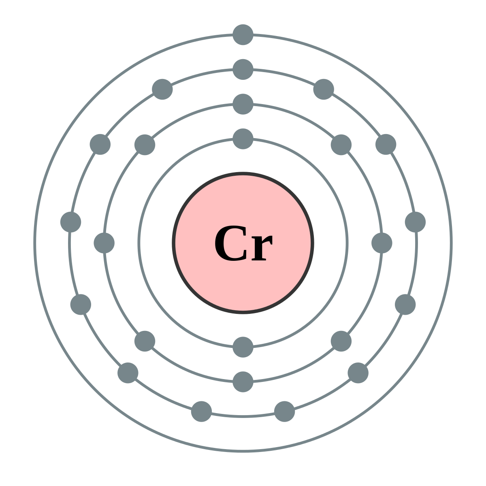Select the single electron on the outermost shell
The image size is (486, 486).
243,35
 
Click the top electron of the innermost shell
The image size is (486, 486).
243,139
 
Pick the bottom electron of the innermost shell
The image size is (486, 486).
243,347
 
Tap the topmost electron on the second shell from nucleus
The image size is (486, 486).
243,104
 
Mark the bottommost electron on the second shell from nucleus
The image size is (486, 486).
243,382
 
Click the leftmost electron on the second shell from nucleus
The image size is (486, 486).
104,243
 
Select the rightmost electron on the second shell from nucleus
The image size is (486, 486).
382,243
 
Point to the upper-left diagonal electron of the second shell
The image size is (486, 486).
145,145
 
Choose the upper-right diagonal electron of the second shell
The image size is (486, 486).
341,145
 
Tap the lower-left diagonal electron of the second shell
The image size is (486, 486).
145,341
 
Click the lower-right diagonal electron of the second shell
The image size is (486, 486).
341,341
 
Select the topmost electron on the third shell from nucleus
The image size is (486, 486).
243,69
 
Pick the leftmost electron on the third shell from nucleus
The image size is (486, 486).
71,222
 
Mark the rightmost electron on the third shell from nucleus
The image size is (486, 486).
415,222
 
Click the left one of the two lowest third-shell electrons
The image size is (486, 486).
201,411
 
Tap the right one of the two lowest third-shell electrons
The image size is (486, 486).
285,411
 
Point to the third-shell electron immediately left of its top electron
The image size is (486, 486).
162,89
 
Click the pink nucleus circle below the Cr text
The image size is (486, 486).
243,288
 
